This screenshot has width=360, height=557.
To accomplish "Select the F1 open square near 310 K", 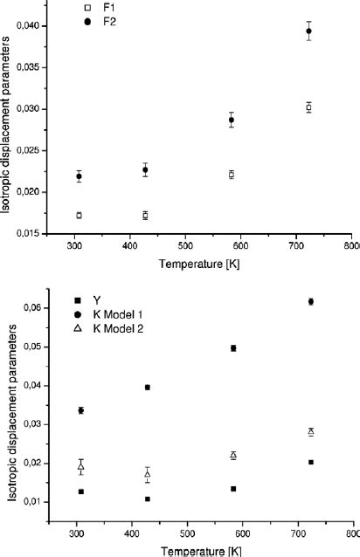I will click(80, 215).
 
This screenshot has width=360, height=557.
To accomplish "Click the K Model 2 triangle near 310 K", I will click(80, 467).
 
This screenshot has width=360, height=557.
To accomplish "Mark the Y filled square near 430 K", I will click(148, 499).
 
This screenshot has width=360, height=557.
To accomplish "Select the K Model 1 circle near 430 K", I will click(148, 387).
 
